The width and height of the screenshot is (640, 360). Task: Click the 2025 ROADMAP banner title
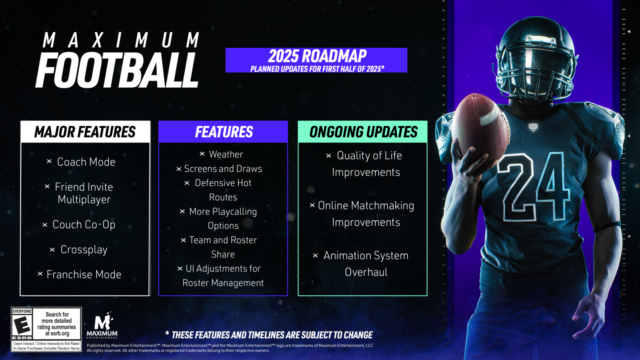pos(317,56)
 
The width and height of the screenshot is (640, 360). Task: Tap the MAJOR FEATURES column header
pos(85,132)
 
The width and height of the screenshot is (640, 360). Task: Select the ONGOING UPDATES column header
pos(363,132)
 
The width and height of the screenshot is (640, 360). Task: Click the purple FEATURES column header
pos(223,132)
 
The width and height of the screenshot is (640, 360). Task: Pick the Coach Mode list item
pos(86,162)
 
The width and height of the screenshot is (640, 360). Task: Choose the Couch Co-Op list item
pos(84,224)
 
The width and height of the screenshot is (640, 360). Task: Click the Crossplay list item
pos(84,249)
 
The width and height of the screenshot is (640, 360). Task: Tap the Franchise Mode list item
pos(84,274)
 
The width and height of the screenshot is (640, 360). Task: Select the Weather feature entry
pos(226,154)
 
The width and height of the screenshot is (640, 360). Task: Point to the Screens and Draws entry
pos(223,169)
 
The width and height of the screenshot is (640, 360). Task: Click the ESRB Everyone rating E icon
pos(22,325)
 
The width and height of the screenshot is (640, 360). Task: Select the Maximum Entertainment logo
pos(102,325)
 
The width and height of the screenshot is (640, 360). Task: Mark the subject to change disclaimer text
pos(269,335)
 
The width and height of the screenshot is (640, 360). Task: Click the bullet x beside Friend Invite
pos(47,187)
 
